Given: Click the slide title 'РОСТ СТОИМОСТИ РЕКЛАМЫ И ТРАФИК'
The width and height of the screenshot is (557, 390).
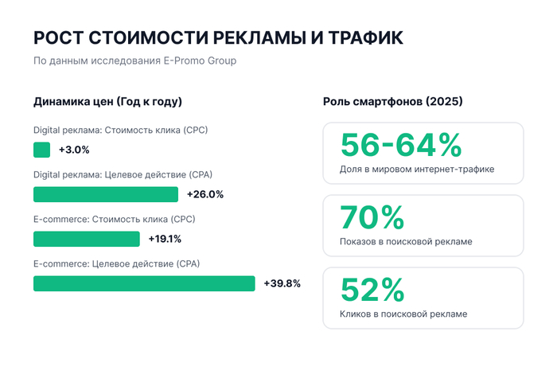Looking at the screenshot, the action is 218,37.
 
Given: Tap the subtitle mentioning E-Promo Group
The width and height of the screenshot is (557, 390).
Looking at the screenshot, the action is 134,60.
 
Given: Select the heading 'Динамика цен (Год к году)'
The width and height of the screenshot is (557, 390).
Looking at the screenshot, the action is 107,102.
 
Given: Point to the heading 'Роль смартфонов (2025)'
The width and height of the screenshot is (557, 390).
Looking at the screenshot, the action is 393,102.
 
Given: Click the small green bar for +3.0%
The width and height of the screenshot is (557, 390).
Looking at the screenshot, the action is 41,150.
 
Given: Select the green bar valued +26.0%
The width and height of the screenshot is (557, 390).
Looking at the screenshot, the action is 106,194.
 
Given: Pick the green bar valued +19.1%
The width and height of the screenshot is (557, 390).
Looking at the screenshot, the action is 86,239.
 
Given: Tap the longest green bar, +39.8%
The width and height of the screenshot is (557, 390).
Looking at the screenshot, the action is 144,283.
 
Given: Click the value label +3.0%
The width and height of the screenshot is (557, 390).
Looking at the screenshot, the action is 74,150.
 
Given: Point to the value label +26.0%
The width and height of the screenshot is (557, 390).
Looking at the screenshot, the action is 205,194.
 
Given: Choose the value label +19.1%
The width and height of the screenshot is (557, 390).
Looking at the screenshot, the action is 165,239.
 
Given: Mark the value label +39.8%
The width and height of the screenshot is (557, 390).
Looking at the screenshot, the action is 282,283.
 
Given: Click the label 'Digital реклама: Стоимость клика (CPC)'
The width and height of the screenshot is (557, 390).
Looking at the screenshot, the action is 120,131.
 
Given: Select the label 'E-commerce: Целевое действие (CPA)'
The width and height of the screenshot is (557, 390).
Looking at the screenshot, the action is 116,264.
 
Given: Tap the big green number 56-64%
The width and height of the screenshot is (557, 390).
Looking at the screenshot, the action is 401,145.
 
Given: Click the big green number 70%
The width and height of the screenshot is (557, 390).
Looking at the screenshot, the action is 372,217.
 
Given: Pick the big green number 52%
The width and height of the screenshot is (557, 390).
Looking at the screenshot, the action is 372,290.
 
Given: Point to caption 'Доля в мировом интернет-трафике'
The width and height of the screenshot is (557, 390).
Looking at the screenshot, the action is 417,169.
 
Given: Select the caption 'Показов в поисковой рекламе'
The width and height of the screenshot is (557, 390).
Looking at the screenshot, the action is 406,241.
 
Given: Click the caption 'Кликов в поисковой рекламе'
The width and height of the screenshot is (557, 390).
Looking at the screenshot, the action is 403,314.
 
